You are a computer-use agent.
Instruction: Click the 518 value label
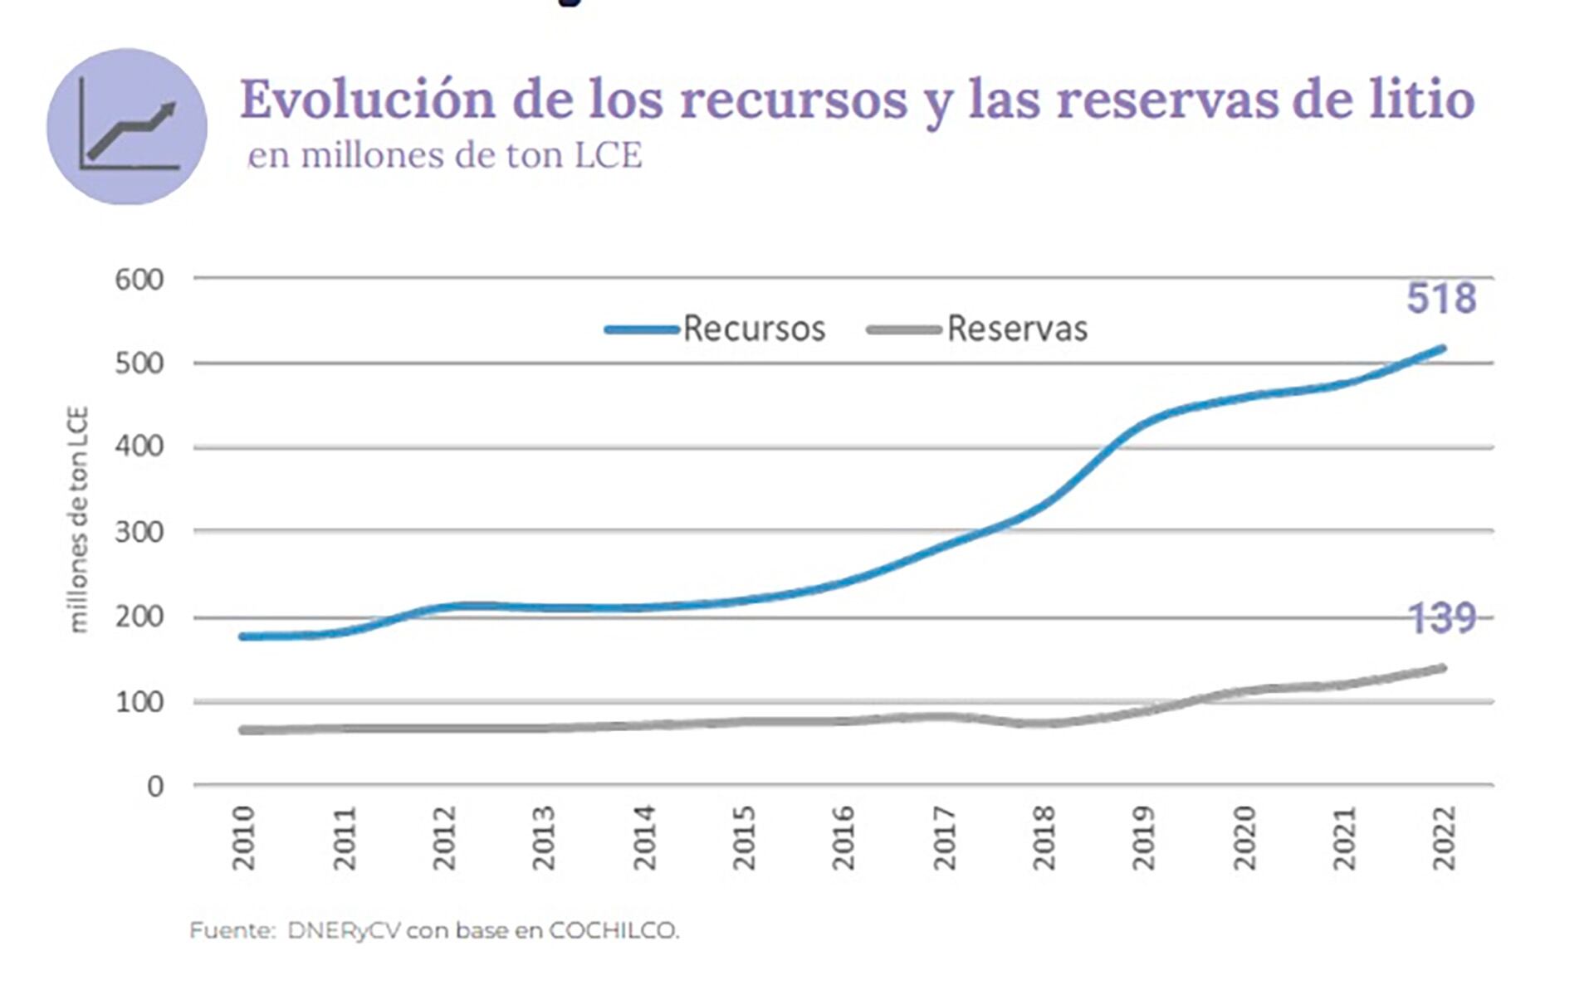pyautogui.click(x=1441, y=299)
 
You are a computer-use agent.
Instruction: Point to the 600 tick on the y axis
pyautogui.click(x=139, y=279)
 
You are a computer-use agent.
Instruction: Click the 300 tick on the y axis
pyautogui.click(x=139, y=531)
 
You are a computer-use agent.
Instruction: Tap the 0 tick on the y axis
pyautogui.click(x=155, y=786)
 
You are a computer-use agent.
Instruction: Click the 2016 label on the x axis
pyautogui.click(x=843, y=837)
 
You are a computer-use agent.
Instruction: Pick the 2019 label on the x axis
pyautogui.click(x=1143, y=837)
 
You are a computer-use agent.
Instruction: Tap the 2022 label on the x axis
pyautogui.click(x=1445, y=837)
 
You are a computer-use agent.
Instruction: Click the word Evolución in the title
pyautogui.click(x=368, y=100)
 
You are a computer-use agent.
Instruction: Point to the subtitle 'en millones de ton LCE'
pyautogui.click(x=446, y=155)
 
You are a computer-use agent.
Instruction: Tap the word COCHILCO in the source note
pyautogui.click(x=614, y=931)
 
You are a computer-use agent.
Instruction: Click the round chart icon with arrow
pyautogui.click(x=127, y=126)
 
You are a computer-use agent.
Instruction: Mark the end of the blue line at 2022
pyautogui.click(x=1443, y=349)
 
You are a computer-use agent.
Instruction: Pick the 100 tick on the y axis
pyautogui.click(x=139, y=702)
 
